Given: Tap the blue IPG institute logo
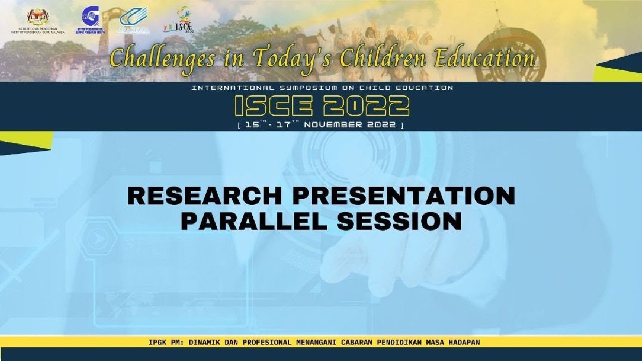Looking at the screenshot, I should [x=90, y=17].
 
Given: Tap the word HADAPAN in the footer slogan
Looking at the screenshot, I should [x=461, y=342].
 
